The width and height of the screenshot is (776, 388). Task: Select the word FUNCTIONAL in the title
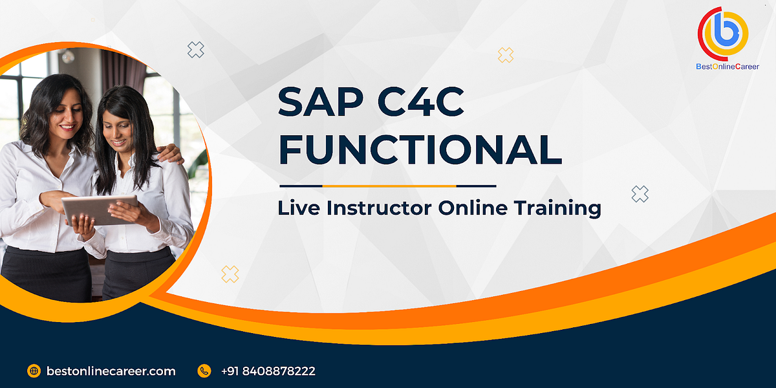(420, 150)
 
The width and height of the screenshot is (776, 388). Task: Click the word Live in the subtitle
(299, 208)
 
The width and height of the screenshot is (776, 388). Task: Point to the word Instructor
(380, 208)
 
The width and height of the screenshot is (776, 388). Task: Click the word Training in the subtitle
(557, 208)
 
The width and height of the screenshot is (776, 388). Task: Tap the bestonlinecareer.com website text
(111, 371)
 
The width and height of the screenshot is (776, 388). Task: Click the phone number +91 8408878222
(268, 371)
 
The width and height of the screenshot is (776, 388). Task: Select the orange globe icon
(34, 371)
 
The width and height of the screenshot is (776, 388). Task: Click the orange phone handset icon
(204, 371)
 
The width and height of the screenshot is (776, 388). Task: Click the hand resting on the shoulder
(169, 155)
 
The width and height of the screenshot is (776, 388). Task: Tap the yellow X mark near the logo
(506, 55)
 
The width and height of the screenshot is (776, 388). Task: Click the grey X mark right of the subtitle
(640, 193)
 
